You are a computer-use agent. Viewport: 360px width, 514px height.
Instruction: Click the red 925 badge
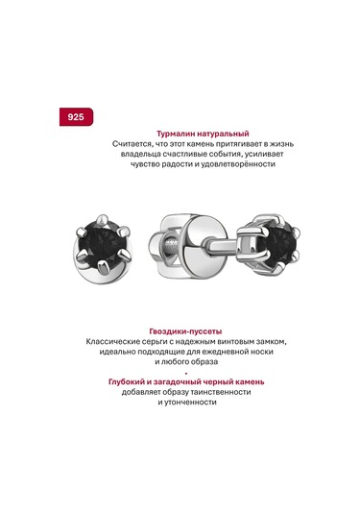pyautogui.click(x=76, y=116)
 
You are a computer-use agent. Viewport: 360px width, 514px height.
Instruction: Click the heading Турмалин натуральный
pyautogui.click(x=203, y=134)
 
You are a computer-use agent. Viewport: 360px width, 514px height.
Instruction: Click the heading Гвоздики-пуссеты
pyautogui.click(x=185, y=331)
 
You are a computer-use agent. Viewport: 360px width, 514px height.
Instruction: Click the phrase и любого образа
pyautogui.click(x=186, y=362)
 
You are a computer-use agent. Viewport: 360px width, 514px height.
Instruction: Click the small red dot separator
pyautogui.click(x=186, y=373)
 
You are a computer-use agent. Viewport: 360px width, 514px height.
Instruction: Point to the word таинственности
pyautogui.click(x=221, y=392)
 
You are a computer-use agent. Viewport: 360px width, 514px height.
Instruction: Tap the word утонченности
pyautogui.click(x=190, y=403)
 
